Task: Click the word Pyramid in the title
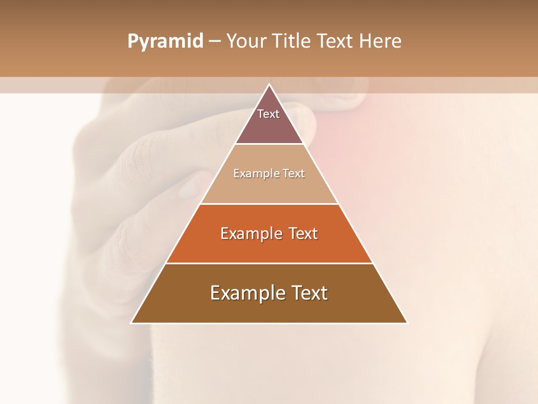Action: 165,42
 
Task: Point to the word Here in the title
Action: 380,41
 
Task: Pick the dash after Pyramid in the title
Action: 214,42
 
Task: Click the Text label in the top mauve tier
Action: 268,114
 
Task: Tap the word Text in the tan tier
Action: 294,173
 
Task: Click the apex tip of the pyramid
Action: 269,85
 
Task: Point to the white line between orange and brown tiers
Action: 269,263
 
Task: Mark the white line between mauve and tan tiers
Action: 269,144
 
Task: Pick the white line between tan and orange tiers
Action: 269,204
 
